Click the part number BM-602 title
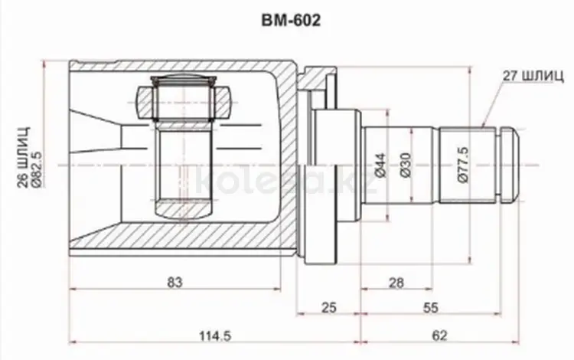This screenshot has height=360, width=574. click(x=291, y=21)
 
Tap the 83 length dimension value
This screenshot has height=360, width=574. click(x=174, y=283)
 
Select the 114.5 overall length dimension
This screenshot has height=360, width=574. click(x=215, y=335)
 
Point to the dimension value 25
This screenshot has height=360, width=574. click(x=328, y=308)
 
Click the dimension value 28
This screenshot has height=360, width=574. click(x=396, y=283)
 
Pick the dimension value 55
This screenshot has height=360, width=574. click(x=430, y=308)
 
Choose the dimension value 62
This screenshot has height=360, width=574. click(x=439, y=335)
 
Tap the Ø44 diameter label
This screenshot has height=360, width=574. click(x=380, y=165)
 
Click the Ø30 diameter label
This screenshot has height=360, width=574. click(x=406, y=165)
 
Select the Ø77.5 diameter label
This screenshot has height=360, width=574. click(x=463, y=165)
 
